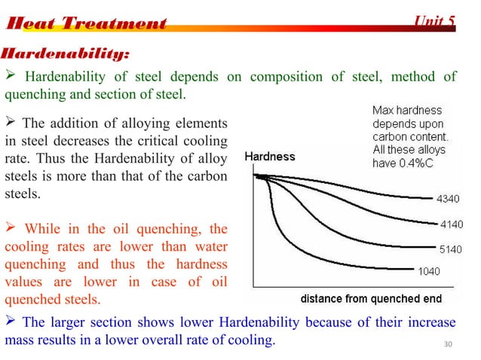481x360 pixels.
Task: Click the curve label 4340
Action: [x=446, y=200]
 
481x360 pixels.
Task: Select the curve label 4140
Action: [x=446, y=224]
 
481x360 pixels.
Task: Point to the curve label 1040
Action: [x=430, y=270]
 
